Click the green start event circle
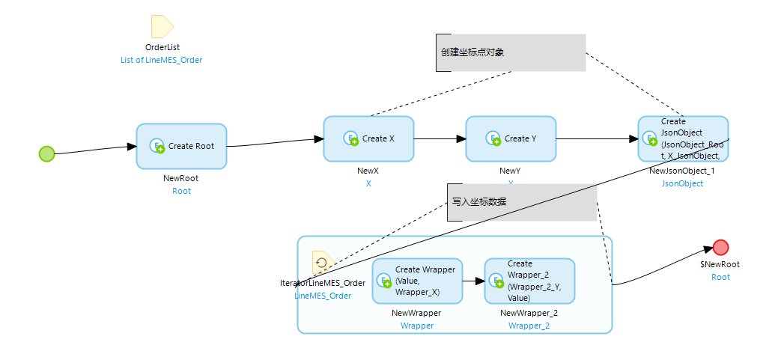click(47, 153)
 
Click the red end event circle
click(720, 248)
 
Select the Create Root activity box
click(181, 146)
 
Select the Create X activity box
click(368, 138)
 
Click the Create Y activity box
click(511, 138)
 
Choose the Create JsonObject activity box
click(683, 138)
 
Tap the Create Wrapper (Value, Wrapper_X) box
click(417, 281)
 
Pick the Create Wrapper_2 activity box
click(529, 281)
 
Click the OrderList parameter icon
click(162, 26)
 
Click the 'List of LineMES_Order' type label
click(162, 60)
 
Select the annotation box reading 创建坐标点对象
click(510, 52)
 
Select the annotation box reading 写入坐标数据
click(522, 202)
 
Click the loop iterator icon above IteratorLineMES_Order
click(323, 263)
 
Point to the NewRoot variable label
click(181, 179)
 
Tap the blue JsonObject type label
click(682, 183)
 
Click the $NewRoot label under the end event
click(720, 264)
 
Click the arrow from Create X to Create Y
click(440, 138)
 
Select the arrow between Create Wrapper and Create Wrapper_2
click(473, 281)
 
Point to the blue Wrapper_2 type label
click(529, 326)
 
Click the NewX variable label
click(368, 171)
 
